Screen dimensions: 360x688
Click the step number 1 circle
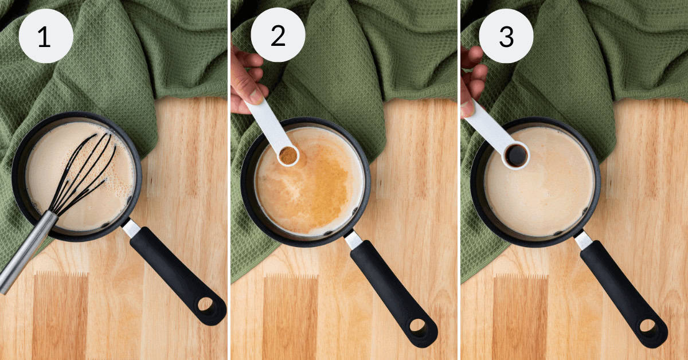point(46,36)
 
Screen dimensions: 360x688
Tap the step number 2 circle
point(277,36)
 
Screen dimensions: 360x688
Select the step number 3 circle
point(506,36)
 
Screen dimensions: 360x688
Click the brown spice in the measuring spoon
point(288,155)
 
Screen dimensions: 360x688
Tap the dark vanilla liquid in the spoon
point(517,155)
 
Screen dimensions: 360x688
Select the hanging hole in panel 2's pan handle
point(419,328)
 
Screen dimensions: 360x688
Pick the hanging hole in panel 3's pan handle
point(648,326)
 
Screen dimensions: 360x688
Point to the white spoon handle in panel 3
point(491,123)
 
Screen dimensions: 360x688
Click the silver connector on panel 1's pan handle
point(131,228)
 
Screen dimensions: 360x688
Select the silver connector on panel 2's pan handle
point(353,240)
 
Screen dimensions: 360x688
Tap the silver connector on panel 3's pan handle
point(583,240)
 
